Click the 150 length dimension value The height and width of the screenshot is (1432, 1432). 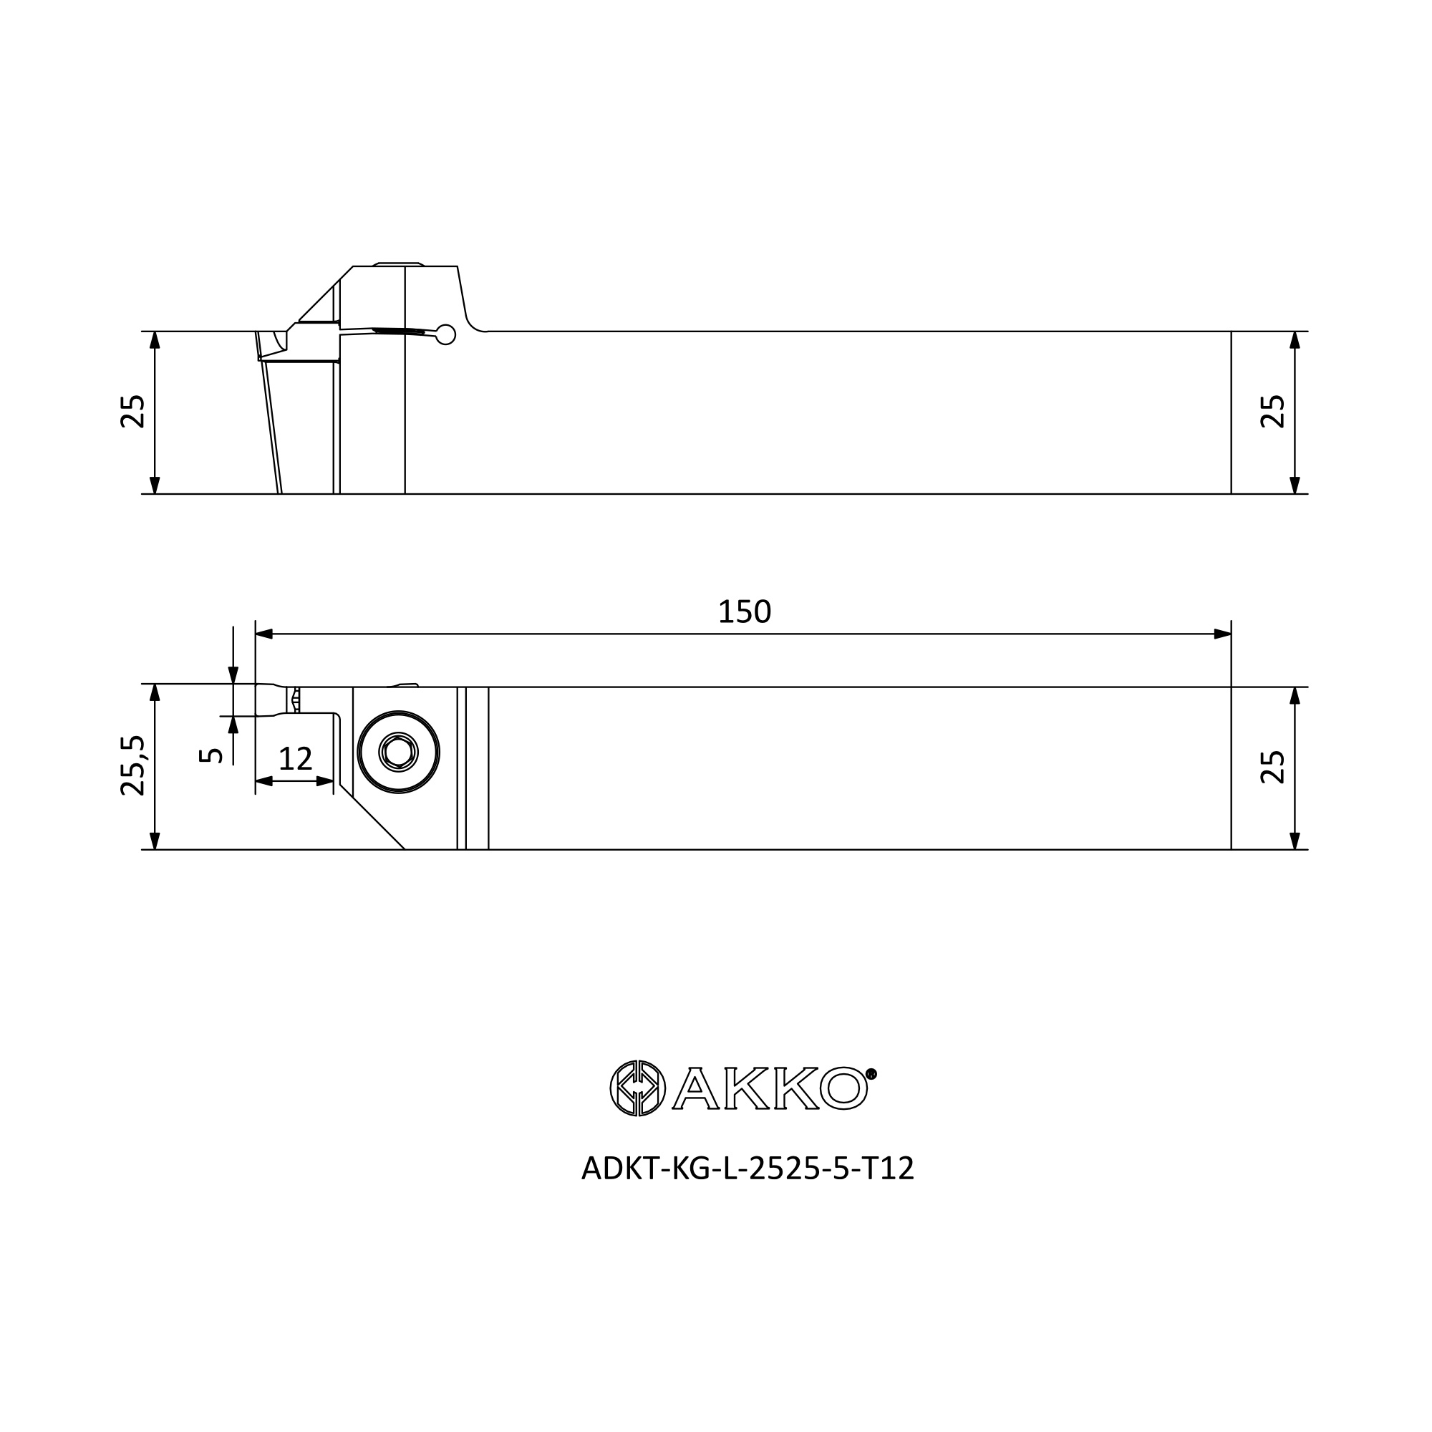point(744,612)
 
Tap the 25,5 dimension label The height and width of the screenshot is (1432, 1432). point(132,765)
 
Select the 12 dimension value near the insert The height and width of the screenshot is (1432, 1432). point(295,759)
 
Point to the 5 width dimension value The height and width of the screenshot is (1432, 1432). point(211,755)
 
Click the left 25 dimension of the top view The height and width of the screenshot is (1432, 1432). point(132,412)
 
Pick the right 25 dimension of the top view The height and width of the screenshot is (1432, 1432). point(1272,412)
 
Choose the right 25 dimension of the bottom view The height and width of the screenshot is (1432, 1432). point(1272,767)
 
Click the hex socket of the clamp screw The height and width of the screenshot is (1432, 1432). point(399,753)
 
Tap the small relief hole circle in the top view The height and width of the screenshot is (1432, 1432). point(445,335)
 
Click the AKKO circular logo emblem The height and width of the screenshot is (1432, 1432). point(637,1088)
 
